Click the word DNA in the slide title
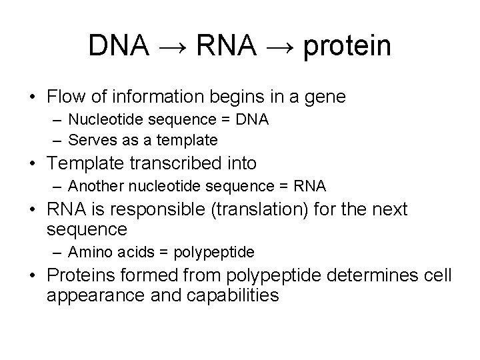119,45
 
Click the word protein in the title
347,47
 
